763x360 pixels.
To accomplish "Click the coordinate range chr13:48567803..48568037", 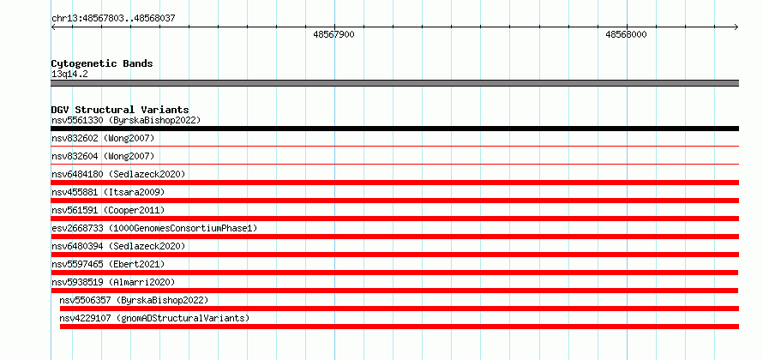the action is click(x=113, y=19).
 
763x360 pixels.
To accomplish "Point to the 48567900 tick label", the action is click(x=333, y=34).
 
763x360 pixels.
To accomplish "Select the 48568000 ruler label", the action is click(x=626, y=34).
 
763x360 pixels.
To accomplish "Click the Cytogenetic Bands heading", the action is click(x=102, y=63).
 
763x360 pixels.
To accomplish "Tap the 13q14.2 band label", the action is click(x=69, y=75).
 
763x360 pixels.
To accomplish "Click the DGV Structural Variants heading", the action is click(x=120, y=110).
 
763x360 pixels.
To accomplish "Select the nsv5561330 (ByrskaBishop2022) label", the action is click(x=126, y=120).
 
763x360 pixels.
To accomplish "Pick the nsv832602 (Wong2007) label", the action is click(x=103, y=139).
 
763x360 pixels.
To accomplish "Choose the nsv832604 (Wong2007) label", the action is click(x=103, y=157).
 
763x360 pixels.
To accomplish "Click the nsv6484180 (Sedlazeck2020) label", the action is click(x=118, y=174).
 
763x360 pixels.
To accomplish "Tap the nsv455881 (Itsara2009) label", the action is click(x=108, y=192).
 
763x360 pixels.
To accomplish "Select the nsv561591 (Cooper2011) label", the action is click(x=108, y=210).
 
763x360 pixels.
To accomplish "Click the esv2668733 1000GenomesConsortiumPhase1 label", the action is click(x=154, y=228).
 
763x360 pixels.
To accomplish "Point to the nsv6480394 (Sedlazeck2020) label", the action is click(x=118, y=246).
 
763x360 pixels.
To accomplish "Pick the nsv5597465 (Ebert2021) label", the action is click(x=108, y=264).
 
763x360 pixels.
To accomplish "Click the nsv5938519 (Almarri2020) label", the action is click(x=113, y=282).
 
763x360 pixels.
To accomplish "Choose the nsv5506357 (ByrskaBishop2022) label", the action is click(x=134, y=300).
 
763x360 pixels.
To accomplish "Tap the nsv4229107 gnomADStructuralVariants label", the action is click(x=154, y=318).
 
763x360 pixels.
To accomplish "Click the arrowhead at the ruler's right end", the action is click(x=736, y=27).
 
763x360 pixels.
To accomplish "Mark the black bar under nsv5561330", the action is click(x=395, y=129).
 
